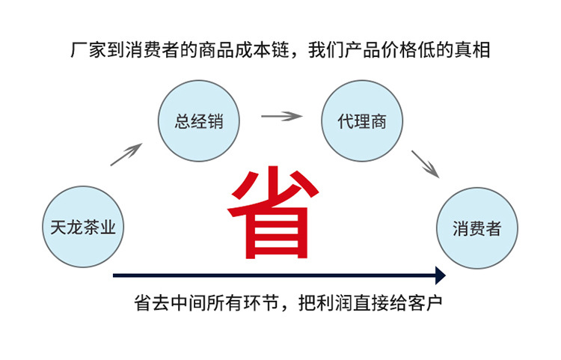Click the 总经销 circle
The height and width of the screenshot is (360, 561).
point(199,121)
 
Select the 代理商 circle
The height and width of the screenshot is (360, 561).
point(362,121)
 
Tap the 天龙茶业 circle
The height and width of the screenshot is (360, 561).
point(83,227)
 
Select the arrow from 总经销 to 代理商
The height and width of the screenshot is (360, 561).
point(280,116)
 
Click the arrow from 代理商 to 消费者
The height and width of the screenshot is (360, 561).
point(424,163)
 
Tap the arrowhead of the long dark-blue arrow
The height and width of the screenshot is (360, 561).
point(440,275)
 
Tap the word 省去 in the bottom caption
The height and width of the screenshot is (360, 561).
point(150,305)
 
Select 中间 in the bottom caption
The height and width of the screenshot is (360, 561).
point(185,305)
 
